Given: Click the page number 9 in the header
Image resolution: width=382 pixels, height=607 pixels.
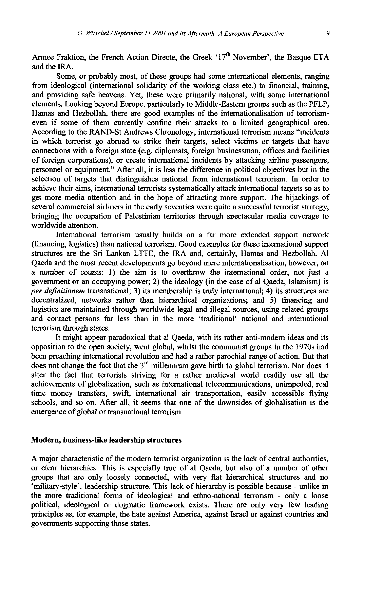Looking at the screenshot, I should point(327,34).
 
